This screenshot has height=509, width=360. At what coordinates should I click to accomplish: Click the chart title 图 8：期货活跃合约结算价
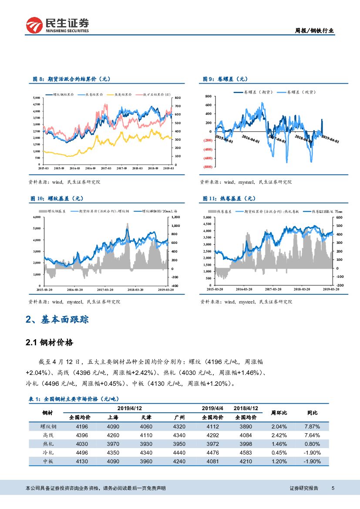72,79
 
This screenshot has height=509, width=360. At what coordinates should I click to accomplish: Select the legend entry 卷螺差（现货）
299,92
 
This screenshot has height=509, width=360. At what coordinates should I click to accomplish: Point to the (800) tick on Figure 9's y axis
208,167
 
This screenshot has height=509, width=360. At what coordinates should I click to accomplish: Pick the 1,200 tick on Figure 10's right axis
175,217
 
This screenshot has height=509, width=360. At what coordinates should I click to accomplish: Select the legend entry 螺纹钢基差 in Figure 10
59,211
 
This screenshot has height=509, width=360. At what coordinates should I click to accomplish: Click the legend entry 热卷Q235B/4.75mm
326,211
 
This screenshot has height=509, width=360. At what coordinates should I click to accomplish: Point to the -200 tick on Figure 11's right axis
340,285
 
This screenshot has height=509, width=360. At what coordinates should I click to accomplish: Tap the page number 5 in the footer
333,488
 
